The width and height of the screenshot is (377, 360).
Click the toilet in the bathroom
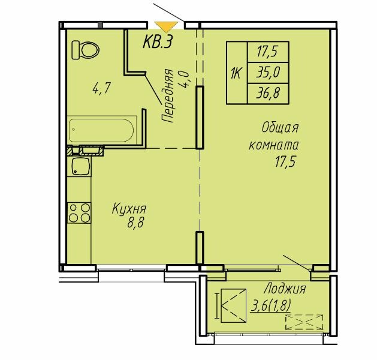pos(85,50)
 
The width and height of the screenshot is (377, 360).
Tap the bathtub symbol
pos(101,130)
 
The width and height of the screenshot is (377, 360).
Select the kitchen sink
pos(80,166)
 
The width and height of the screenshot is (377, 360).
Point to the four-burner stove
pos(79,213)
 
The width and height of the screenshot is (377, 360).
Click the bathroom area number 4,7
pos(101,88)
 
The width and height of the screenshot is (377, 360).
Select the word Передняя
pos(168,96)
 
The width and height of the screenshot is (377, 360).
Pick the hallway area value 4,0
pos(185,80)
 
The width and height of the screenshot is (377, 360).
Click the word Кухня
pos(129,209)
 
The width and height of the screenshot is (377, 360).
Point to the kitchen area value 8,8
pos(135,223)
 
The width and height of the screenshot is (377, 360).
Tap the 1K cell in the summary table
pos(237,73)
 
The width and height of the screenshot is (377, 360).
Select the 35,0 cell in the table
pos(268,73)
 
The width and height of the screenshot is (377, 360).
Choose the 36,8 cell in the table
pos(268,94)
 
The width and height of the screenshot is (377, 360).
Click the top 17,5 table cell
pos(268,52)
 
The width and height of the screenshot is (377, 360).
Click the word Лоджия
pos(285,289)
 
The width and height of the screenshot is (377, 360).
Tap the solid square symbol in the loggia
pos(234,305)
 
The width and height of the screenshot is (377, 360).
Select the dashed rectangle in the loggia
pos(304,322)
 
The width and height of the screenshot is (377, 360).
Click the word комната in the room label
pos(274,146)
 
